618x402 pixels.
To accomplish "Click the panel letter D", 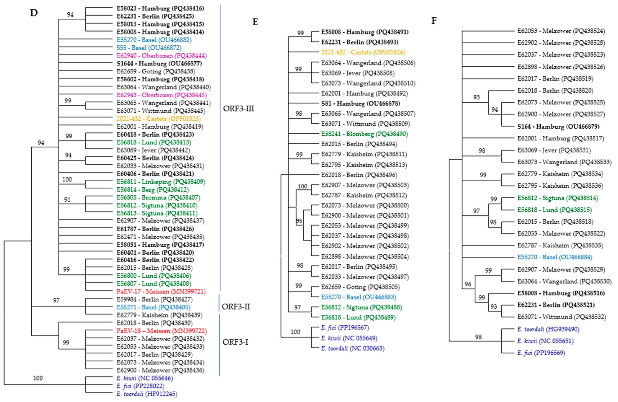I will click(34, 13).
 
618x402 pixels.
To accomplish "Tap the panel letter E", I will click(255, 22).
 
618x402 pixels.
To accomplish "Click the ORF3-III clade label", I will click(238, 109).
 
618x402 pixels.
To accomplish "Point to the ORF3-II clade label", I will click(236, 307).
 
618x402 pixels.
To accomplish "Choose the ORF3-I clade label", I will click(235, 342).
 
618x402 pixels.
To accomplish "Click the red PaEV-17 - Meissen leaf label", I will click(161, 291).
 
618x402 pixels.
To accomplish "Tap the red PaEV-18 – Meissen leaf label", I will click(161, 331).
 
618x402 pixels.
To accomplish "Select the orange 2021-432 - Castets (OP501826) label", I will click(363, 52).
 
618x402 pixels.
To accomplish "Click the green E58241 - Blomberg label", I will click(364, 134).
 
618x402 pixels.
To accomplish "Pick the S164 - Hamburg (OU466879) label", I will click(558, 127).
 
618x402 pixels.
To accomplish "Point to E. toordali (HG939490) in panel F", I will click(548, 329).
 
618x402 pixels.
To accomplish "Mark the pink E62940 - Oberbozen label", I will click(161, 56).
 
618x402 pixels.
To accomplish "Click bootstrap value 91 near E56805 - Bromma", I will click(67, 200).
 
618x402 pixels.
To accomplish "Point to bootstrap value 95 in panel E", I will click(299, 221).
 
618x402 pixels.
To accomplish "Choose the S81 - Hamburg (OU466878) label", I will click(360, 103).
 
